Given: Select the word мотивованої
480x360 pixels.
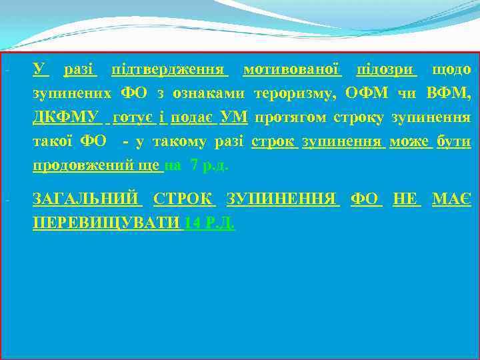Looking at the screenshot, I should click(x=291, y=69).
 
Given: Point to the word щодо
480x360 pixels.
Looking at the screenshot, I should click(x=451, y=69).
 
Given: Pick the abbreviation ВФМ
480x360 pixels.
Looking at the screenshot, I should click(x=451, y=94).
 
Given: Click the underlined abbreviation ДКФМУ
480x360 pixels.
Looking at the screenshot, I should click(x=65, y=119).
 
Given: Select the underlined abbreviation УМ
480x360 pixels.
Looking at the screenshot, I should click(x=233, y=119).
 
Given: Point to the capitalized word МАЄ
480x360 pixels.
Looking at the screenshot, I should click(x=451, y=199).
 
